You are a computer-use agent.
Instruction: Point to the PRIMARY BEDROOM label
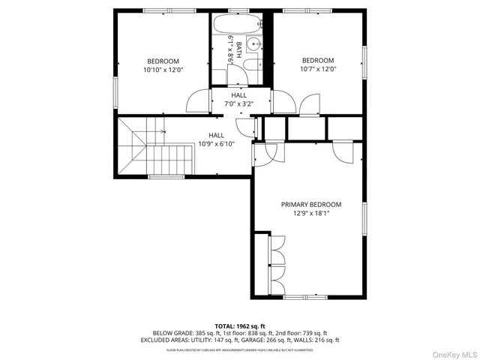(x=310, y=204)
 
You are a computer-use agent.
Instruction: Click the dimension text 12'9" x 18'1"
(x=310, y=213)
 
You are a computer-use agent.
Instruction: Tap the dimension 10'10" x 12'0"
(x=163, y=69)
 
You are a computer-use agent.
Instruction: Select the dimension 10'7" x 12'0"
(x=319, y=69)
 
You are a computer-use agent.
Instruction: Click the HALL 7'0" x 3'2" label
(x=238, y=100)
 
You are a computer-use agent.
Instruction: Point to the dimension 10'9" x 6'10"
(x=216, y=143)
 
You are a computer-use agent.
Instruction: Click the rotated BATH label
(x=239, y=49)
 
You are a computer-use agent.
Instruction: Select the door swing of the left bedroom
(x=196, y=100)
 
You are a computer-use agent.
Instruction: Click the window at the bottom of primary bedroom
(x=306, y=297)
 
